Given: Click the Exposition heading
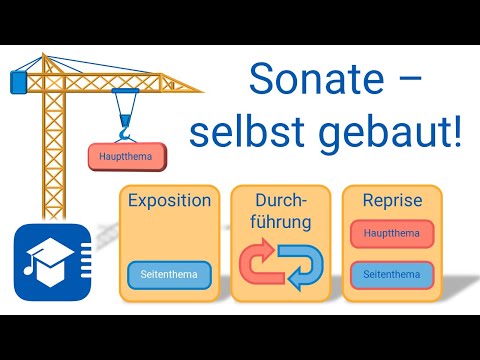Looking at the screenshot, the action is (169, 200).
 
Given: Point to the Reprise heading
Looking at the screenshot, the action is (393, 200).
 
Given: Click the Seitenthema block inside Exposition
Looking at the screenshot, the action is (169, 274).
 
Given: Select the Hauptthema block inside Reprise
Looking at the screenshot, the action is (393, 235).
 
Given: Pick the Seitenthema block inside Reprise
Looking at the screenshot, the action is (393, 274).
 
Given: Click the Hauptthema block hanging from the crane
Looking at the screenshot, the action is (125, 157).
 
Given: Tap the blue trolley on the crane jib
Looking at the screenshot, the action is (125, 96).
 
